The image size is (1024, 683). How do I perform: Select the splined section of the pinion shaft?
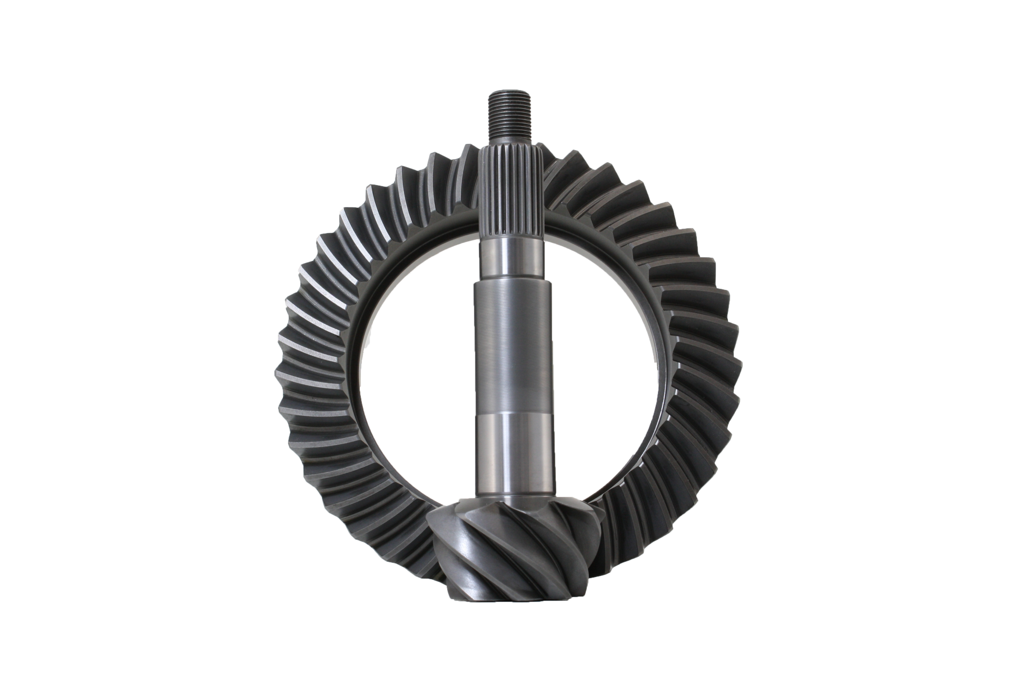point(512,192)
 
